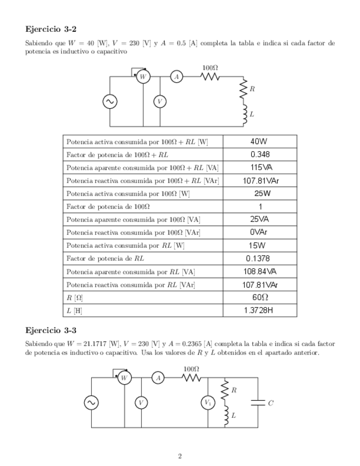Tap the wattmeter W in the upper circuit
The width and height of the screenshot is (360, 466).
[x=143, y=77]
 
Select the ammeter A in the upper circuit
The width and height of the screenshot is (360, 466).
[x=177, y=77]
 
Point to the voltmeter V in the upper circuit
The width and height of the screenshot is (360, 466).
[x=160, y=102]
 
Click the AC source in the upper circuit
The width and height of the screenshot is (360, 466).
[x=110, y=102]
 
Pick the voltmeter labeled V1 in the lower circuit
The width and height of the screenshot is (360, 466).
[x=208, y=402]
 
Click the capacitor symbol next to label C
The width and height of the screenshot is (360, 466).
[x=257, y=402]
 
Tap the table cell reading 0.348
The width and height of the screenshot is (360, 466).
[x=260, y=154]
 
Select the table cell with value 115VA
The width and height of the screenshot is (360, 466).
[x=260, y=168]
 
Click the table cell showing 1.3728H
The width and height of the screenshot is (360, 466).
[x=260, y=310]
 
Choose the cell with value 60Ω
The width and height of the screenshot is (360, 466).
[x=260, y=297]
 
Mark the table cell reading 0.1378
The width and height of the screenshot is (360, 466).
[x=260, y=258]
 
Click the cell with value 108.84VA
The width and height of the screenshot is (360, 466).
[x=260, y=271]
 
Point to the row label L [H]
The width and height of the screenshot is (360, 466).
[x=74, y=311]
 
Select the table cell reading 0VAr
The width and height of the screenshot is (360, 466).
[x=260, y=232]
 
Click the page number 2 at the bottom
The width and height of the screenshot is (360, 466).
[x=180, y=456]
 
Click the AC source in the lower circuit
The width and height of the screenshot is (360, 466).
[x=91, y=402]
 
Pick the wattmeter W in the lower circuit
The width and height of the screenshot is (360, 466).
[x=124, y=378]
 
